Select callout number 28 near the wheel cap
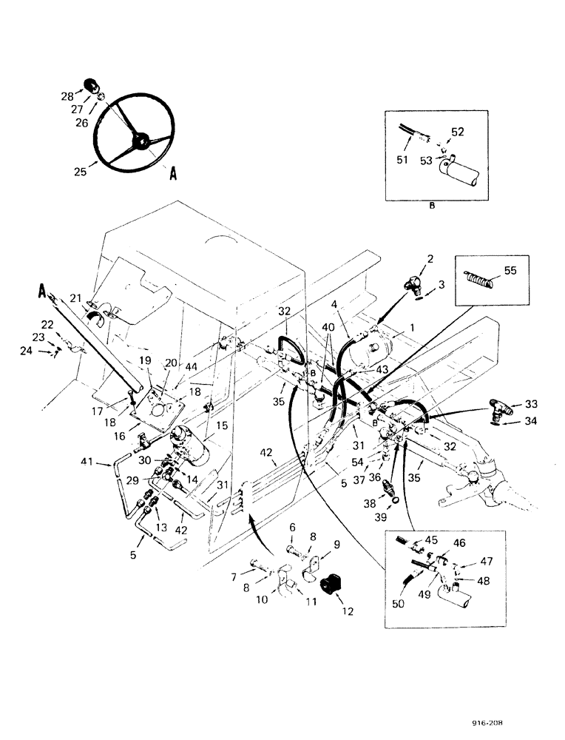click(x=67, y=96)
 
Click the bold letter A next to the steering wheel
click(x=173, y=174)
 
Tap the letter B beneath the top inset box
click(x=432, y=208)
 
